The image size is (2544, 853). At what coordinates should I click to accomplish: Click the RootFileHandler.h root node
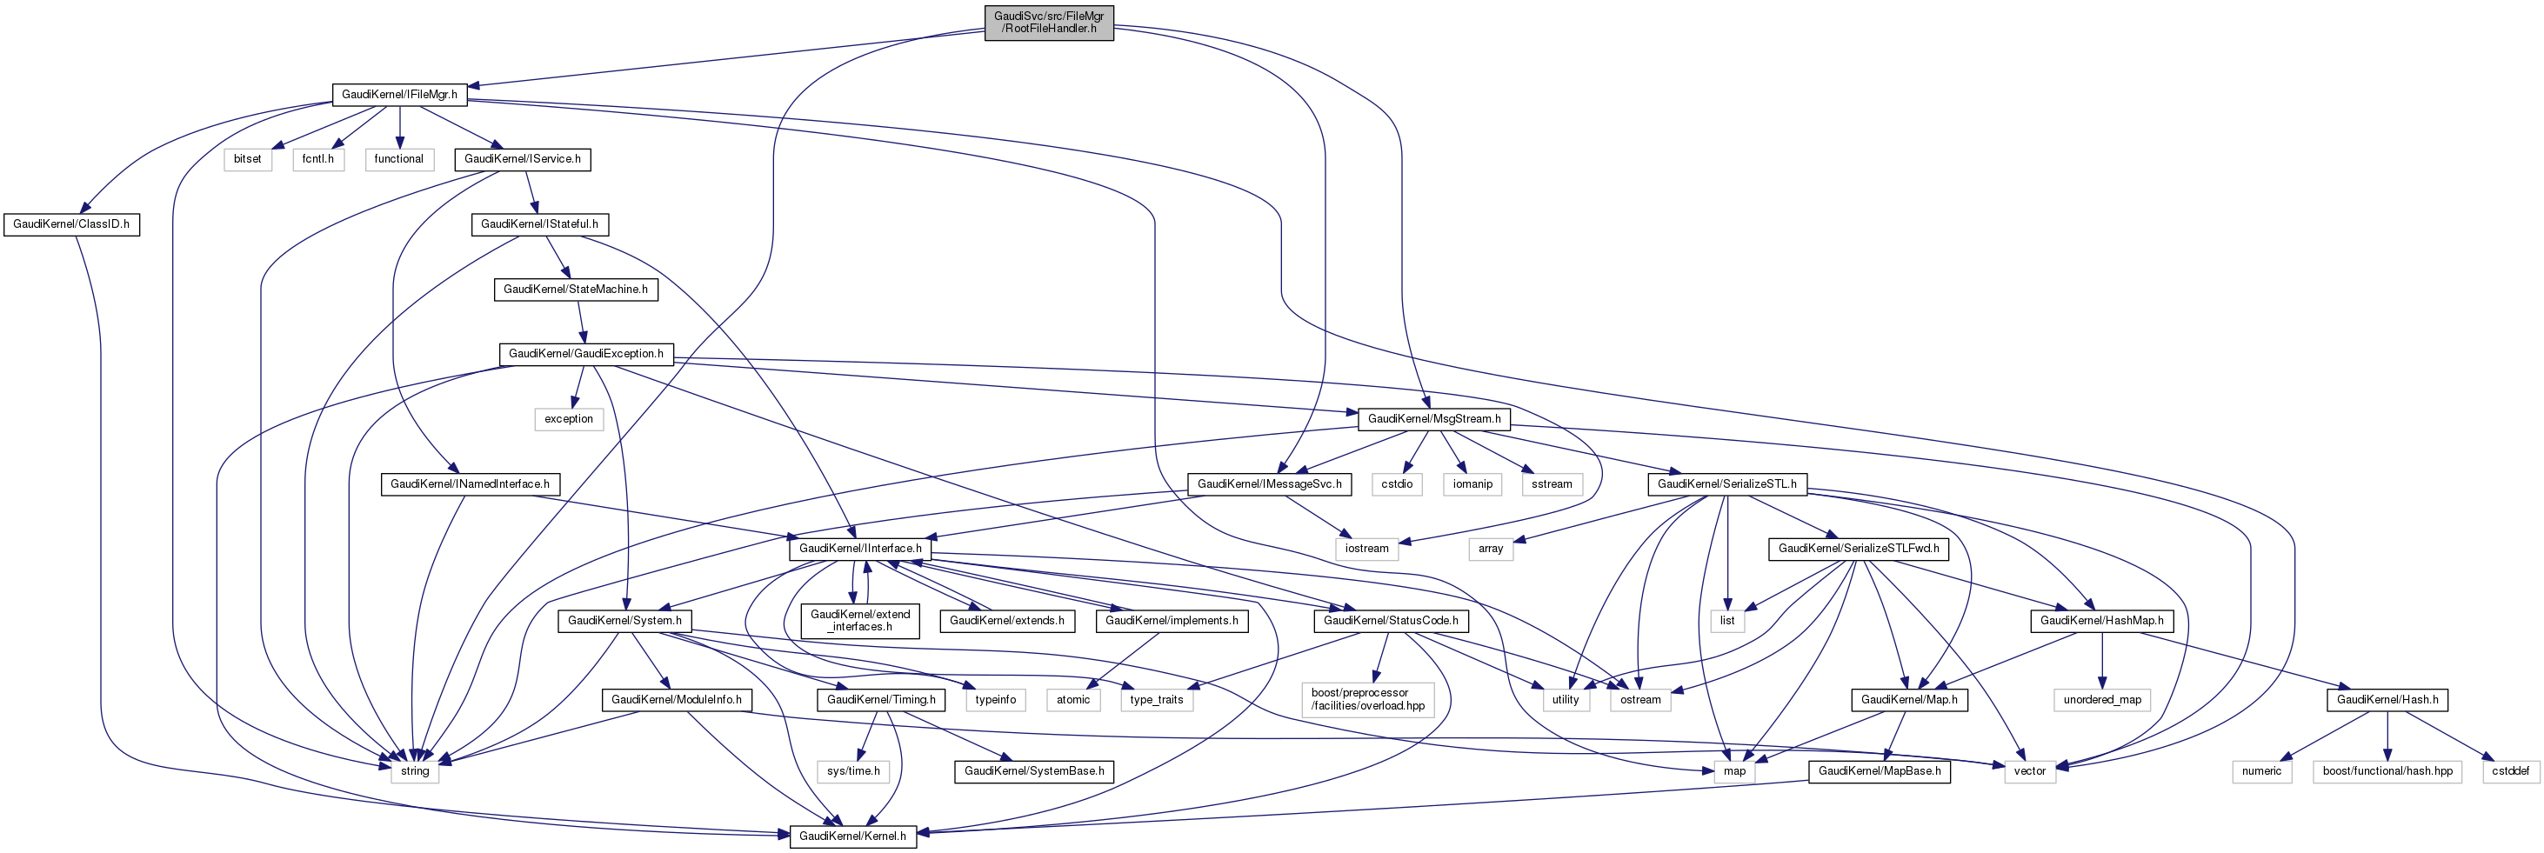1049,22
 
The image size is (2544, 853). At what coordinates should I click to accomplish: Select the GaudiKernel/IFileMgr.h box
399,95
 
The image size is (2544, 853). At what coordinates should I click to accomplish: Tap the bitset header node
248,159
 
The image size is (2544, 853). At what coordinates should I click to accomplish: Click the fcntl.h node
318,159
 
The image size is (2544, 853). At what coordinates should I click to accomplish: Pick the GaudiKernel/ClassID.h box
71,224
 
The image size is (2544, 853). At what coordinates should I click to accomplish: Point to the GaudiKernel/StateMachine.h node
576,290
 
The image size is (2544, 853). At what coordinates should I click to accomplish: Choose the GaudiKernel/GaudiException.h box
585,353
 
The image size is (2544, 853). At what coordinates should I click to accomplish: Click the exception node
569,418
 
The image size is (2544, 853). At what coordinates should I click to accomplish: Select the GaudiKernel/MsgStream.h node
1434,418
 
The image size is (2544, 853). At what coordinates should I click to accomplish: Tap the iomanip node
1472,483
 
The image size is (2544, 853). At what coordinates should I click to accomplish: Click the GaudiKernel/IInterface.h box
860,548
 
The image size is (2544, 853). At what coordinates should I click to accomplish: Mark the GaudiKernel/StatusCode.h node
1391,620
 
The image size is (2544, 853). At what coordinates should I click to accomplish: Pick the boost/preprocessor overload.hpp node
1368,699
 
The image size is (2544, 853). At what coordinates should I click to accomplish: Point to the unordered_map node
2102,699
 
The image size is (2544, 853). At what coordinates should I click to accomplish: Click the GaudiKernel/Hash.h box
2387,699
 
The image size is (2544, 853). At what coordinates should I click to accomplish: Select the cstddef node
2509,770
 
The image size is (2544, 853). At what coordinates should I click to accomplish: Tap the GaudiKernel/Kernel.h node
852,836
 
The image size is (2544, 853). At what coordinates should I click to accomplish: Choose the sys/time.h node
853,770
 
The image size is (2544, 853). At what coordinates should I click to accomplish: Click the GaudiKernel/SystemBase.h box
1034,770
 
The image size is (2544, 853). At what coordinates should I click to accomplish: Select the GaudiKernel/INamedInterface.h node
470,483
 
